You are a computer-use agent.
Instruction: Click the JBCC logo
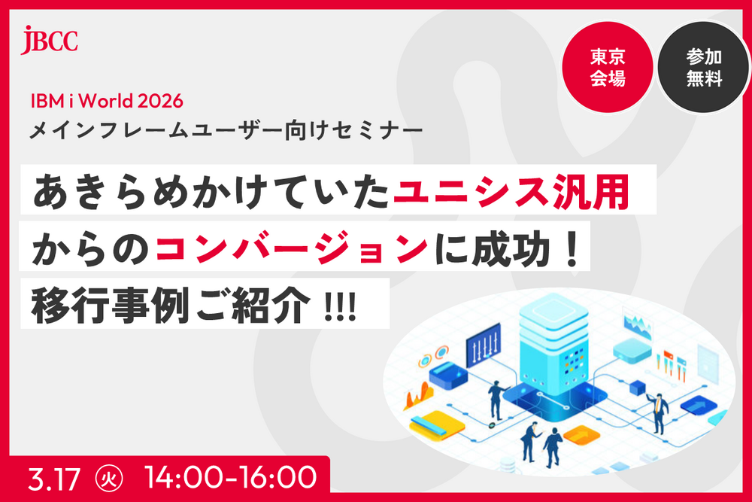[x=50, y=38]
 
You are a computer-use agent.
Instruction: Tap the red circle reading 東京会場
[x=608, y=68]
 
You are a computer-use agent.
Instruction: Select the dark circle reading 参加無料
[x=704, y=68]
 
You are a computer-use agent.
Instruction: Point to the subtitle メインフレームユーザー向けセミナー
[x=226, y=130]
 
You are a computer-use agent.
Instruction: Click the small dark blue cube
[x=638, y=388]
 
